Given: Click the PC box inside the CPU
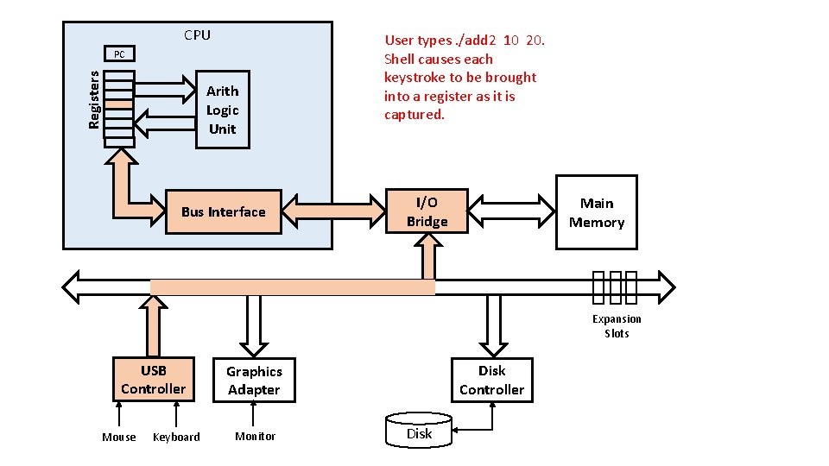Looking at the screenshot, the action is pyautogui.click(x=119, y=54).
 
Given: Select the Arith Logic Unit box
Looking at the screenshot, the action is pyautogui.click(x=223, y=110).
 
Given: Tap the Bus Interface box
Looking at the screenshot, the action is pyautogui.click(x=224, y=212).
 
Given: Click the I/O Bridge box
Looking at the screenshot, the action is pyautogui.click(x=427, y=211).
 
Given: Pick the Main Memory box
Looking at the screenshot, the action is pyautogui.click(x=597, y=212).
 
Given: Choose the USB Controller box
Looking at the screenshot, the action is pyautogui.click(x=154, y=380).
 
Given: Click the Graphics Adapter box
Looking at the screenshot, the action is pyautogui.click(x=254, y=381).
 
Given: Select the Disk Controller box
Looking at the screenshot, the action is pyautogui.click(x=491, y=381).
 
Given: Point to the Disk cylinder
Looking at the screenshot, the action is pyautogui.click(x=419, y=431).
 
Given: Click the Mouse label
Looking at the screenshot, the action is pyautogui.click(x=119, y=437).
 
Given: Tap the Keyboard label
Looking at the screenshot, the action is pyautogui.click(x=176, y=437).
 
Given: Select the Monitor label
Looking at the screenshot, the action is pyautogui.click(x=256, y=437).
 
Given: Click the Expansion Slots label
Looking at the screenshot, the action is pyautogui.click(x=617, y=326).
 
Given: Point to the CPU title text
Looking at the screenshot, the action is pyautogui.click(x=197, y=35).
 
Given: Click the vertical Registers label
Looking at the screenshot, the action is pyautogui.click(x=93, y=100).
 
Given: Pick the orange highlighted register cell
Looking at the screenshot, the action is pyautogui.click(x=119, y=105).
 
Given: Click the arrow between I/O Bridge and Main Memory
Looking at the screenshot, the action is pyautogui.click(x=511, y=211).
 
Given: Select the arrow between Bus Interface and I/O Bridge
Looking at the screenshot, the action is pyautogui.click(x=333, y=211).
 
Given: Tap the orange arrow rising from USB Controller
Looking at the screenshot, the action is pyautogui.click(x=154, y=326).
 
